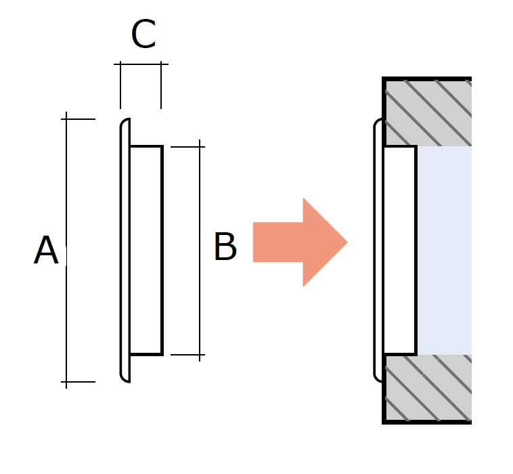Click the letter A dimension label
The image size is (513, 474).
pos(46,249)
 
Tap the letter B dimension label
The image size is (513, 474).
pos(225,246)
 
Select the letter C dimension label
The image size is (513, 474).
pos(143,34)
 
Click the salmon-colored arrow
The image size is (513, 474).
pos(300,242)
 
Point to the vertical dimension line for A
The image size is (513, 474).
pos(66,251)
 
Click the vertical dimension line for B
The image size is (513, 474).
pos(200,251)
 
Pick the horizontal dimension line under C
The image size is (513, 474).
pos(141,64)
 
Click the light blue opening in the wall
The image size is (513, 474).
pos(444,251)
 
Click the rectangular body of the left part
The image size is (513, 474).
pos(146,251)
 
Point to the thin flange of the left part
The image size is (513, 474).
pos(125,251)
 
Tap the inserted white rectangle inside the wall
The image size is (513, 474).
pos(400,251)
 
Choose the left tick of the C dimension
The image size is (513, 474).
pos(120,85)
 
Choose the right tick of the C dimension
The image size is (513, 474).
pos(161,85)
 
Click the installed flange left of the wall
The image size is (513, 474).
pos(378,251)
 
